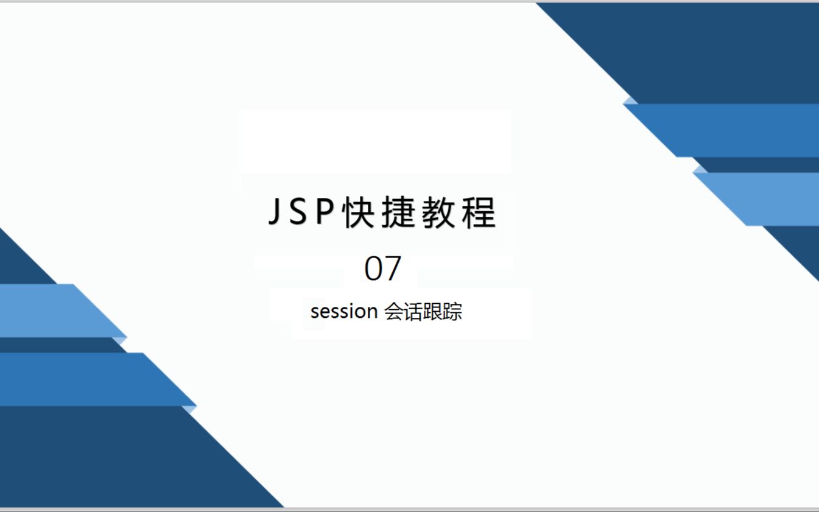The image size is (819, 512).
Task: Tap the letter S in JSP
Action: [x=298, y=213]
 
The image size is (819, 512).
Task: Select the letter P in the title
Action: [x=323, y=213]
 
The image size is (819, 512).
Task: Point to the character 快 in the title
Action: [x=358, y=213]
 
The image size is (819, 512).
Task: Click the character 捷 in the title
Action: [x=398, y=213]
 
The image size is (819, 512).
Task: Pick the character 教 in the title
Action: [x=438, y=213]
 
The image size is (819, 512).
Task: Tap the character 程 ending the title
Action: [x=479, y=213]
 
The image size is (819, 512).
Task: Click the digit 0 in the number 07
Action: [x=373, y=268]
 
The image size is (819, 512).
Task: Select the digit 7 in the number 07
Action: [x=393, y=268]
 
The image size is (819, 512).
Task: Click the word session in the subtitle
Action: [x=344, y=312]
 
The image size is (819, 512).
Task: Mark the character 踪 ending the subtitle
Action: [x=452, y=312]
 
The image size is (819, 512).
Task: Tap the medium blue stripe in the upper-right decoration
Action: [x=743, y=130]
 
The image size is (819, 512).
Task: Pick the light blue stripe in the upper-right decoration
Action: [x=773, y=199]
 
